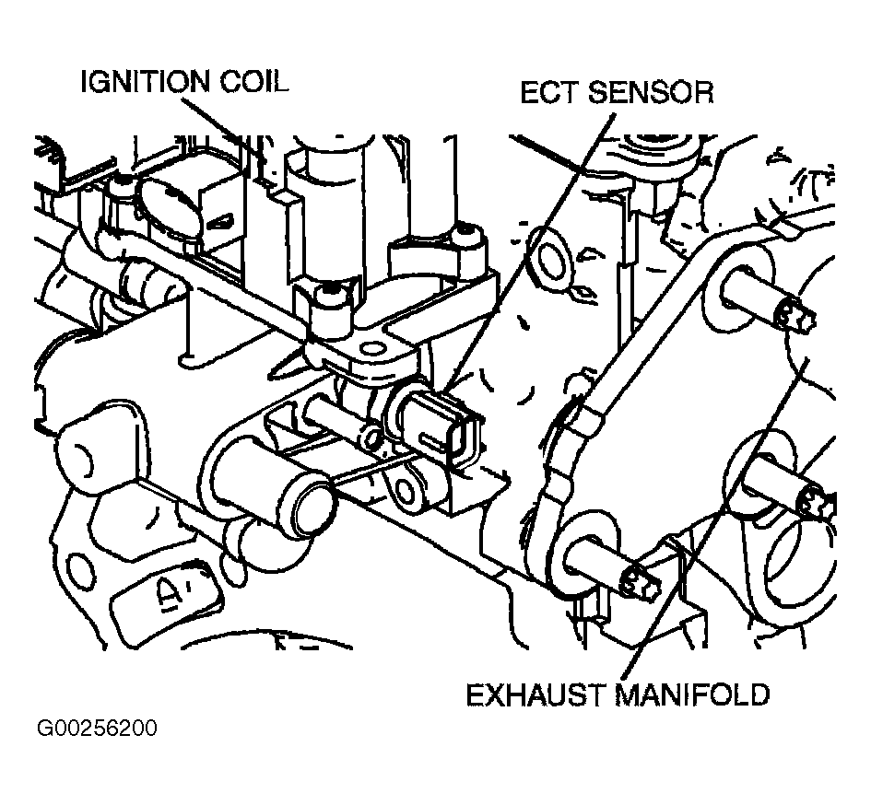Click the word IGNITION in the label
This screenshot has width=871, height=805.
[147, 82]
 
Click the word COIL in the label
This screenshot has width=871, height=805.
[254, 82]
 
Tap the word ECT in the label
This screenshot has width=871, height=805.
[550, 92]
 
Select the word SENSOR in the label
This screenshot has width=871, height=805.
[651, 92]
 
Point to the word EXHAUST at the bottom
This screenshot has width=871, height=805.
[535, 694]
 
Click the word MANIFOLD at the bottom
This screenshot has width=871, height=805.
[692, 694]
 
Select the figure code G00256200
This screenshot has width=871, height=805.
[97, 728]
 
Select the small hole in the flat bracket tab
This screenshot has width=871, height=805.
[372, 350]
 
